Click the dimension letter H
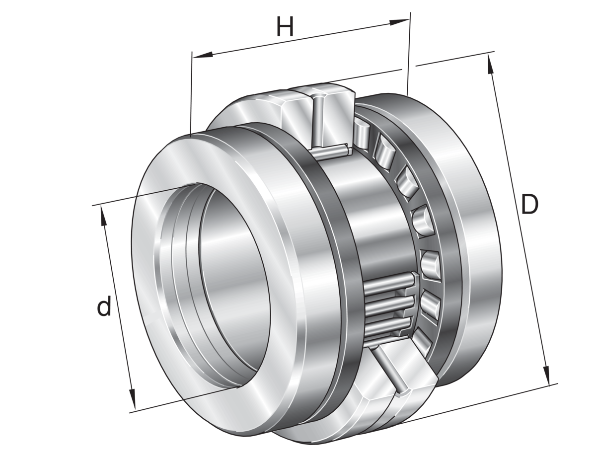pos(285,27)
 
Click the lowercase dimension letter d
pos(104,306)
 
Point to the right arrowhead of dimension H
pos(399,22)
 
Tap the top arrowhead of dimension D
pos(490,64)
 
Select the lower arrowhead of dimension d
pos(132,399)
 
